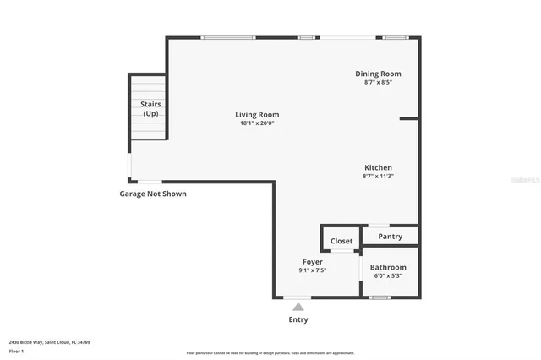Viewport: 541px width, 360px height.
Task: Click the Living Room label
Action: pyautogui.click(x=257, y=114)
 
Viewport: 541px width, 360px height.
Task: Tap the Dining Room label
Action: pyautogui.click(x=378, y=74)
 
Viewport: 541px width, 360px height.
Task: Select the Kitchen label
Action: pyautogui.click(x=378, y=167)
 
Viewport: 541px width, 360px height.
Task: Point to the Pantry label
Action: pyautogui.click(x=390, y=237)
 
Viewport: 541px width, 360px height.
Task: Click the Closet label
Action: pyautogui.click(x=342, y=241)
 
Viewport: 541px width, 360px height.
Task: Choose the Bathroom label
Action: pyautogui.click(x=388, y=267)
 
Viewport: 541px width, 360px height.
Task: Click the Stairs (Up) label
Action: pyautogui.click(x=150, y=109)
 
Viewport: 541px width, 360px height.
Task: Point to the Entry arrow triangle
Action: pyautogui.click(x=298, y=307)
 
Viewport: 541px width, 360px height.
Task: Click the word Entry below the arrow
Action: pyautogui.click(x=298, y=319)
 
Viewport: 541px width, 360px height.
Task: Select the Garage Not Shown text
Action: pyautogui.click(x=153, y=194)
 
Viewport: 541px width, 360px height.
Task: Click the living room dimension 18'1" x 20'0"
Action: pyautogui.click(x=257, y=123)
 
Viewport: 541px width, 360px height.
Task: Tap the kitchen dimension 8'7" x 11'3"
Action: pyautogui.click(x=378, y=176)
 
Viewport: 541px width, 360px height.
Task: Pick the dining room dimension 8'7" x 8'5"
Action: pyautogui.click(x=378, y=82)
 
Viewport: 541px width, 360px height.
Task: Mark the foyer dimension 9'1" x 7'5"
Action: pyautogui.click(x=311, y=271)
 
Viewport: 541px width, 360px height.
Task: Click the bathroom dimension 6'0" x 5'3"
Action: pyautogui.click(x=388, y=276)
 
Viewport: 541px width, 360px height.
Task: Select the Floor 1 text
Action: pyautogui.click(x=16, y=350)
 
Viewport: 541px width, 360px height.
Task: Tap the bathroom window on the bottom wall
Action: pyautogui.click(x=380, y=297)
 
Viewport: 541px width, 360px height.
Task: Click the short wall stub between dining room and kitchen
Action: pyautogui.click(x=409, y=118)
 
